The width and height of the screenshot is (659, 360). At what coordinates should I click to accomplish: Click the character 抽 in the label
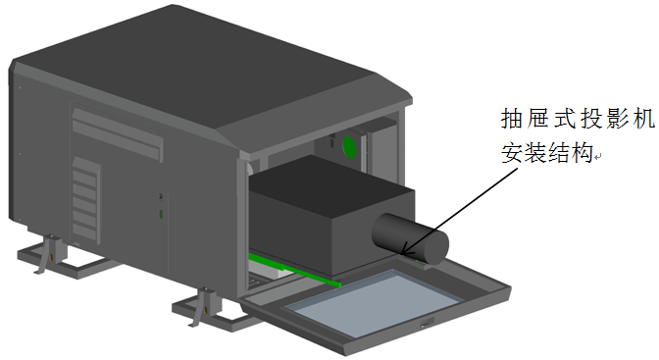[x=513, y=119]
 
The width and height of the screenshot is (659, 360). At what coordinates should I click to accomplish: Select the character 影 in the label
[x=618, y=119]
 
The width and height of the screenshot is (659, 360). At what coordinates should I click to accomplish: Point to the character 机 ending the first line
[x=643, y=119]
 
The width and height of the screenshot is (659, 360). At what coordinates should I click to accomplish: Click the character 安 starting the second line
[x=513, y=153]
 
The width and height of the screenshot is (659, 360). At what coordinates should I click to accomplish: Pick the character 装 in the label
[x=535, y=153]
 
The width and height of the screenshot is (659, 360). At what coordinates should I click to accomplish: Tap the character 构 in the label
[x=582, y=153]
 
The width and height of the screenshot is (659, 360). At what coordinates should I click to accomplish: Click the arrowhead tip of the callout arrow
[x=401, y=254]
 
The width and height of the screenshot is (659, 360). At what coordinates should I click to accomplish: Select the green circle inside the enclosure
[x=349, y=147]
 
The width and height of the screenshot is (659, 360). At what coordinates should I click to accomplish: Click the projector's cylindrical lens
[x=410, y=238]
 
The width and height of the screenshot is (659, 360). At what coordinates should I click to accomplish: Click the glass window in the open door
[x=374, y=303]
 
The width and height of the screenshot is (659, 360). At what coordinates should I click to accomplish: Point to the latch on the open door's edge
[x=427, y=323]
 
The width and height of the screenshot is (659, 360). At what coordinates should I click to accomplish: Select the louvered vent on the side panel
[x=86, y=201]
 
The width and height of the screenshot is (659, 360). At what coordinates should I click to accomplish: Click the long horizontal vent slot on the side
[x=117, y=134]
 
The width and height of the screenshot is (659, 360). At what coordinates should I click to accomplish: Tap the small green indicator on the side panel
[x=161, y=214]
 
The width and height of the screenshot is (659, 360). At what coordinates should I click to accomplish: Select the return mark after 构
[x=598, y=157]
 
